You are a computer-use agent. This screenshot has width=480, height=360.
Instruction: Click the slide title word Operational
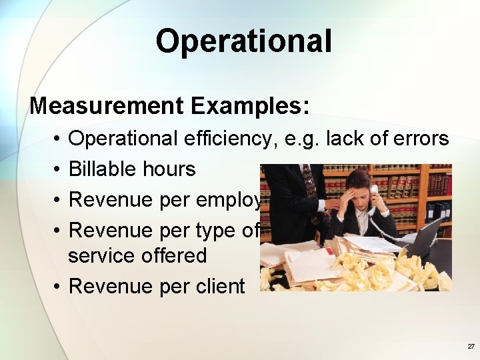pos(243,41)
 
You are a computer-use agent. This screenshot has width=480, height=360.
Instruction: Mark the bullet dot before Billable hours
pos(59,169)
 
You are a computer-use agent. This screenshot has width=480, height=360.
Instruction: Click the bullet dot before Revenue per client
pos(59,287)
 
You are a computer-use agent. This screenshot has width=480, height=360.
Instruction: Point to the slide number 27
pos(471,347)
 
